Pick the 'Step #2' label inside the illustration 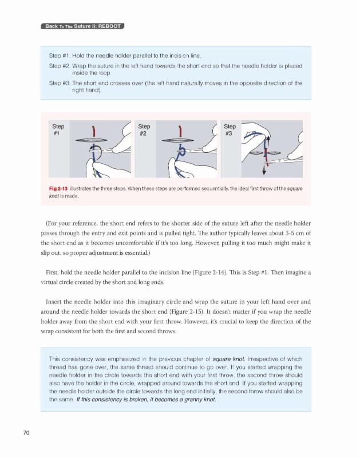tap(144, 129)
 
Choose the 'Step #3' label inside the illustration tap(230, 129)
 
